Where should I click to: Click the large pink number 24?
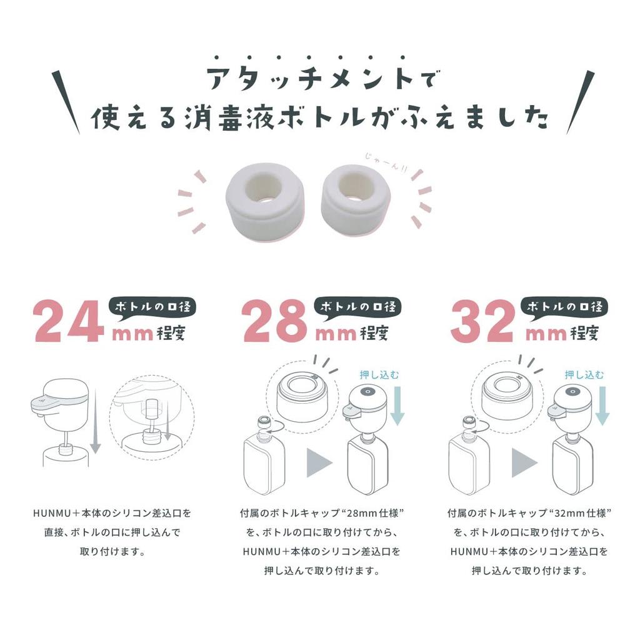(x=69, y=321)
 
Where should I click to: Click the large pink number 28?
(x=276, y=321)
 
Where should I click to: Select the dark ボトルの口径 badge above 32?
(x=564, y=306)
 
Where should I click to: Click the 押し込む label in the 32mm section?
(x=584, y=374)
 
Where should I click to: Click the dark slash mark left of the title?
(x=66, y=101)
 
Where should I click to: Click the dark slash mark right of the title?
(x=580, y=101)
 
